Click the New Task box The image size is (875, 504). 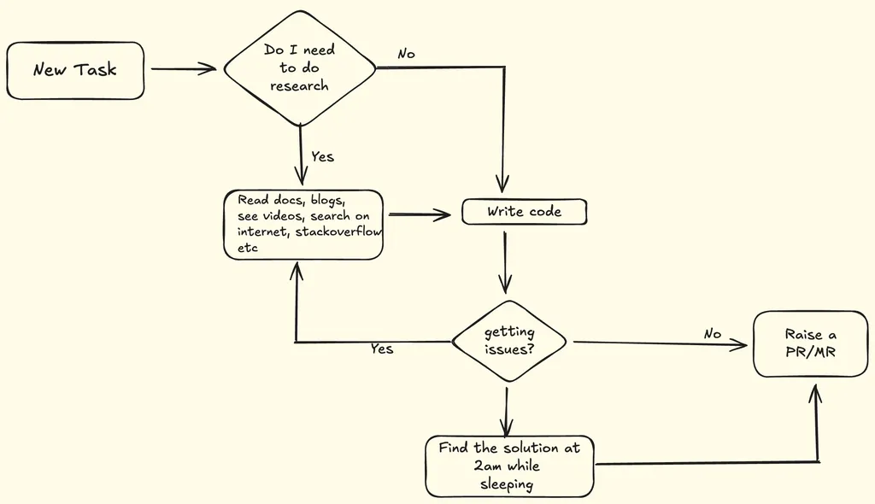75,70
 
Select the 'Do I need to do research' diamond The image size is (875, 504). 300,68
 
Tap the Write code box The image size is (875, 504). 524,212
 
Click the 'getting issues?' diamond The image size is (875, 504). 508,342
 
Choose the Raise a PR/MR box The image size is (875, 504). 809,343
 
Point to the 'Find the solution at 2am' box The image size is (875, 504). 508,466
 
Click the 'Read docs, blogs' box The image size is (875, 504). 302,224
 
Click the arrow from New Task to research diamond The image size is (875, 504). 183,69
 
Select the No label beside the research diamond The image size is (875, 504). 406,54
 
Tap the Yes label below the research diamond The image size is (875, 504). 322,156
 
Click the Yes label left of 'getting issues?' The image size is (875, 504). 382,349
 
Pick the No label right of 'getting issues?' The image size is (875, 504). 713,334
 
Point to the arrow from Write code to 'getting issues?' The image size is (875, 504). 506,261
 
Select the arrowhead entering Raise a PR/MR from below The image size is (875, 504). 815,393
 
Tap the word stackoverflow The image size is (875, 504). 339,232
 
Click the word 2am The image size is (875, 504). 490,466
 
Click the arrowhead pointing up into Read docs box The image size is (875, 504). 296,272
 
